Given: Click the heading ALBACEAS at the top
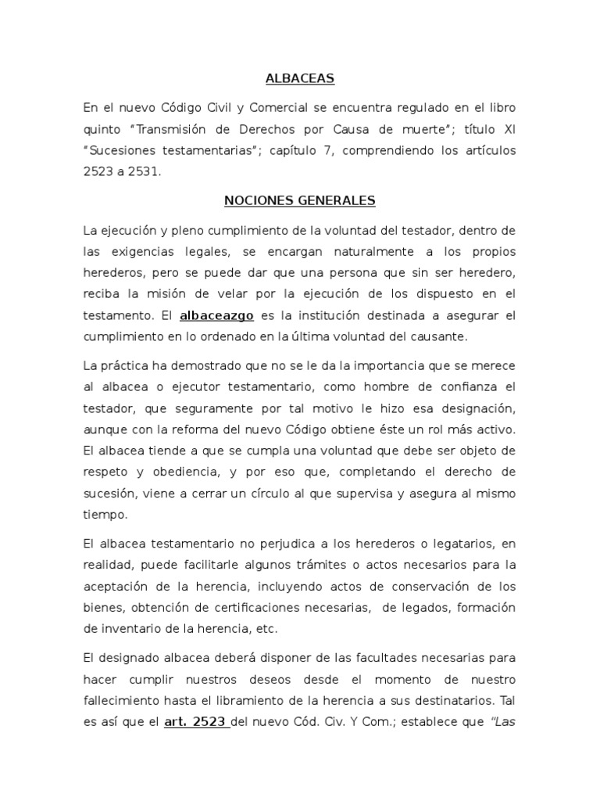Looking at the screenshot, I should (300, 78).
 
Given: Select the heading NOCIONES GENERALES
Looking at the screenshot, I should (300, 201).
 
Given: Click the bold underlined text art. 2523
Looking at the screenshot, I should (196, 724).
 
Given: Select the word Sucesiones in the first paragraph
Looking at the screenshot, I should (117, 150).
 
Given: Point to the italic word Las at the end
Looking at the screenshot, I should (504, 724).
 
